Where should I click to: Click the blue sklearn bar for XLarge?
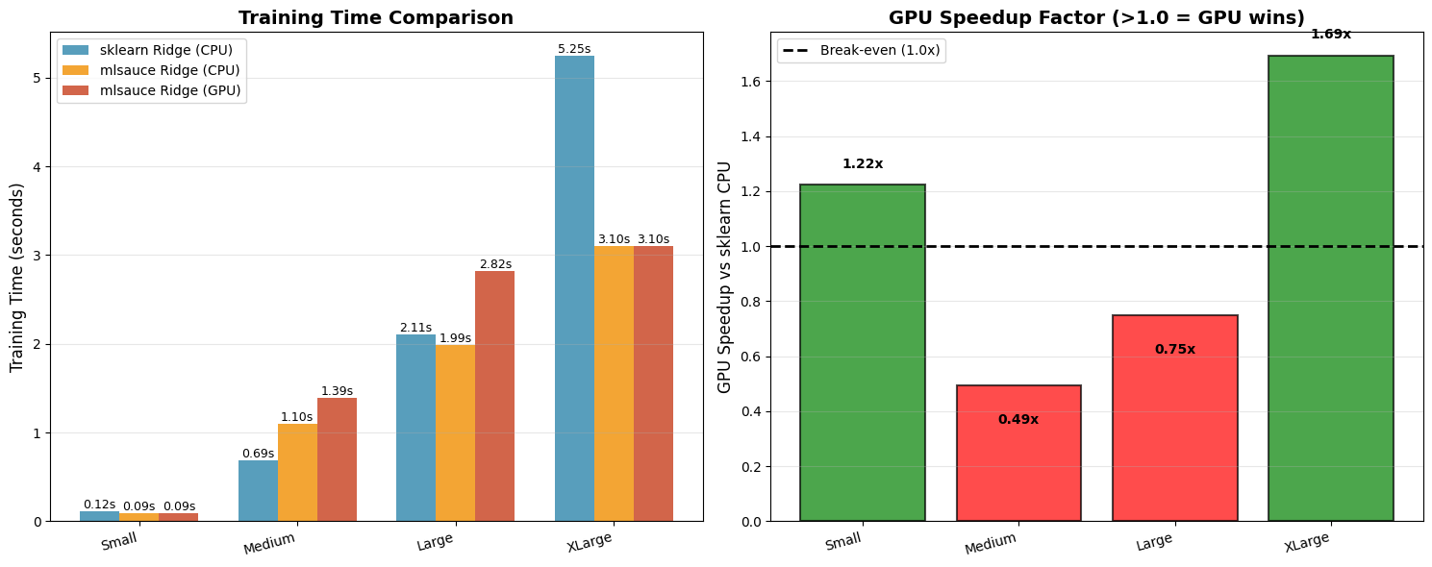[x=574, y=288]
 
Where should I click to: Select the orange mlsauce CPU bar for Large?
[x=455, y=432]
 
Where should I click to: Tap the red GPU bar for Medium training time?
[x=337, y=459]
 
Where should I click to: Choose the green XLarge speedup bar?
[x=1330, y=288]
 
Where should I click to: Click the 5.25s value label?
[x=574, y=49]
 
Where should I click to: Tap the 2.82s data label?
[x=495, y=264]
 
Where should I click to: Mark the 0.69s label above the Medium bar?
[x=258, y=454]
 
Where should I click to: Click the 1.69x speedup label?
[x=1330, y=35]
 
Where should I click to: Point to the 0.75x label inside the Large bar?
[x=1174, y=350]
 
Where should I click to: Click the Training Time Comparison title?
[x=376, y=18]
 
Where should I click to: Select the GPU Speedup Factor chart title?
[x=1096, y=18]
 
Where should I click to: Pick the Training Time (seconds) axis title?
[x=17, y=277]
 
